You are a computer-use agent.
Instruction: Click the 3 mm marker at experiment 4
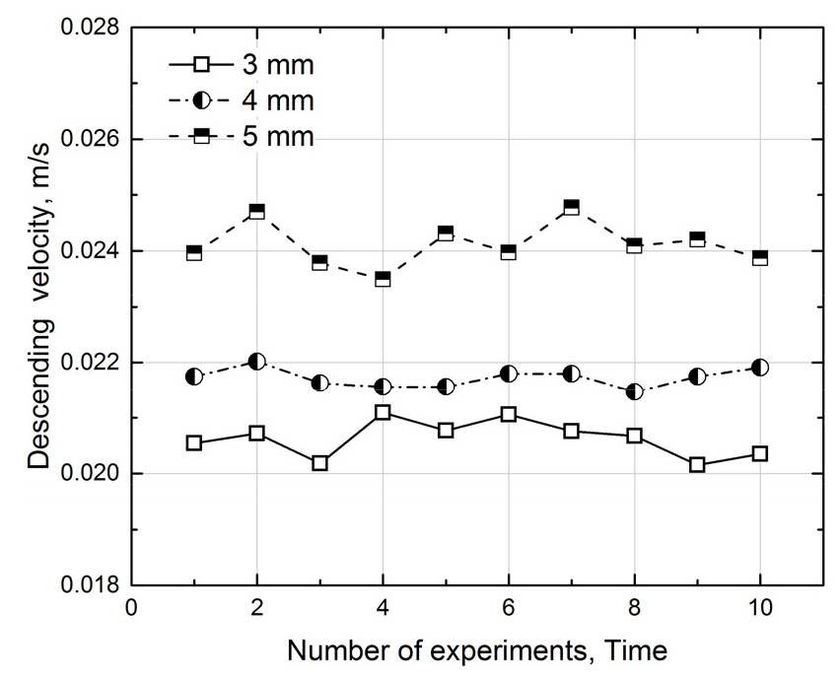tap(383, 412)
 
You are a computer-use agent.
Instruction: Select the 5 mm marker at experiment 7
tap(571, 207)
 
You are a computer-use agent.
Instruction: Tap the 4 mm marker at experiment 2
tap(256, 362)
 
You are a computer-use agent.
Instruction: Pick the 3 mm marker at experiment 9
tap(697, 464)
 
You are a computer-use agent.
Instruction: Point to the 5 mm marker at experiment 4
tap(383, 279)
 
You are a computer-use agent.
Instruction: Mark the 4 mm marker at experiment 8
tap(634, 391)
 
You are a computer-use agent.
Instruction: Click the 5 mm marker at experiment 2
tap(256, 211)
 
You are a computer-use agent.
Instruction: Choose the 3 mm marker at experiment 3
tap(319, 462)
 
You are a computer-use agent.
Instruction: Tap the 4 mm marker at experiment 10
tap(760, 368)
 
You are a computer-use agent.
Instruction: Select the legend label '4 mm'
tap(278, 101)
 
